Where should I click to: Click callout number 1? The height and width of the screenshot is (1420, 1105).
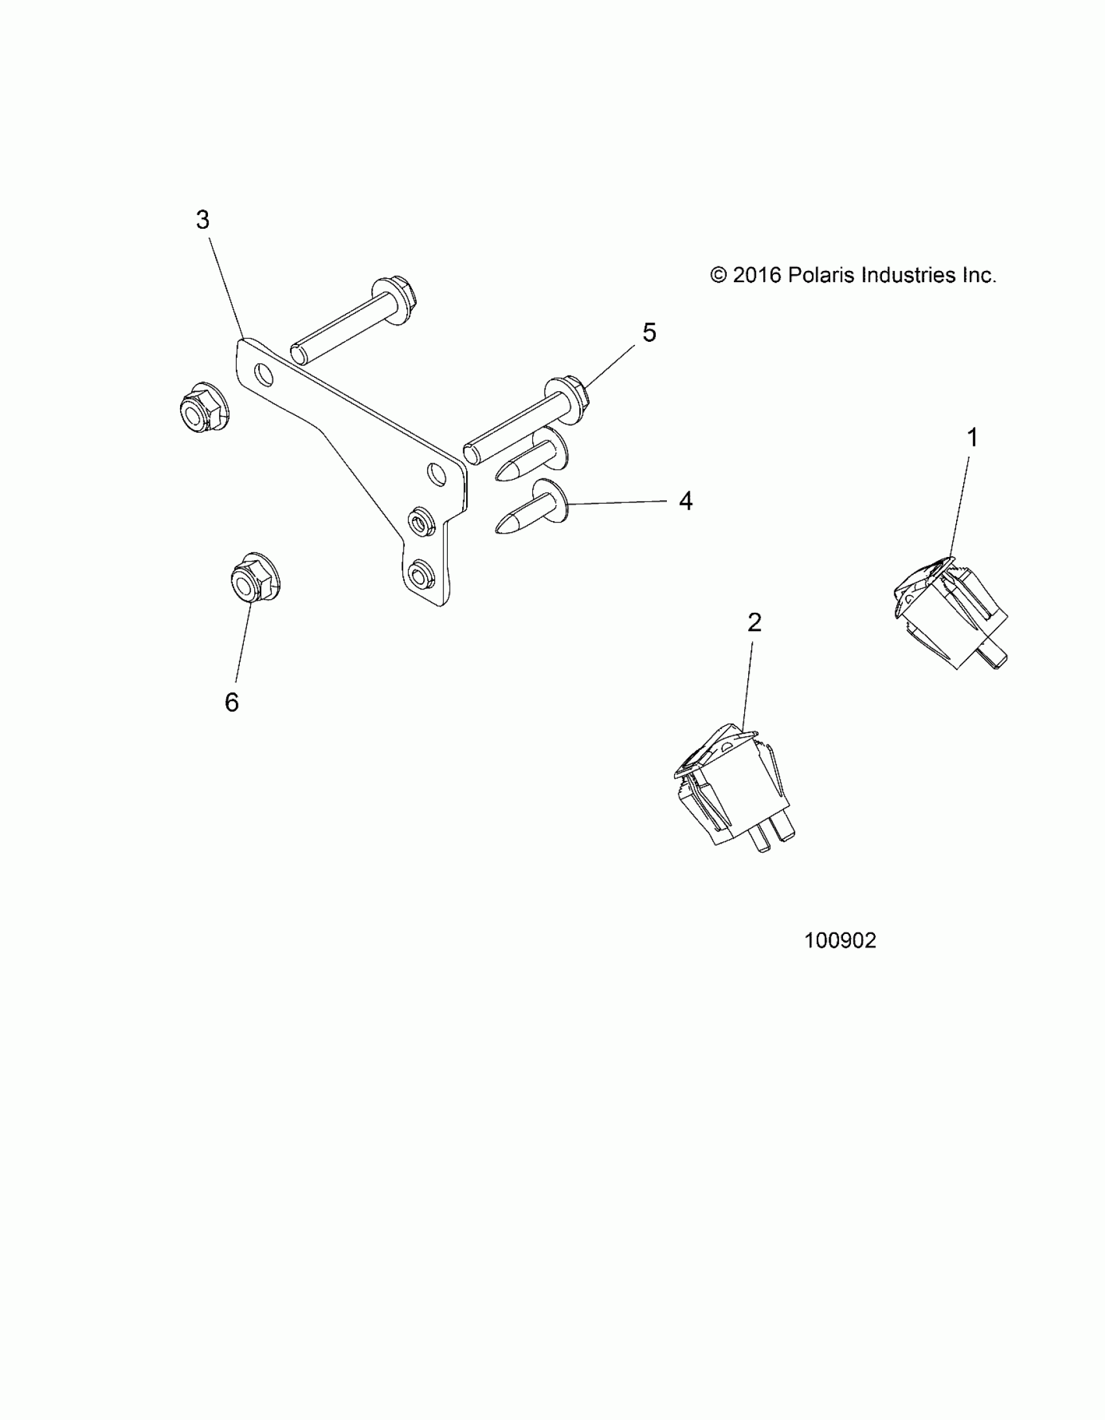[972, 437]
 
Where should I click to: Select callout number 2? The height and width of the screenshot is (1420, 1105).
[754, 623]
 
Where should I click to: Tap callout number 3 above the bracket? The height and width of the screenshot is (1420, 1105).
[203, 220]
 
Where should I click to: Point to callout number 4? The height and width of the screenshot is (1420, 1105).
[686, 500]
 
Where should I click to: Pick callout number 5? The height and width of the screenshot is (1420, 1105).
[649, 333]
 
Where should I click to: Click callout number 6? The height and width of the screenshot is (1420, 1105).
[231, 702]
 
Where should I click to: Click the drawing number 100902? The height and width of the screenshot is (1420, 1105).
[840, 941]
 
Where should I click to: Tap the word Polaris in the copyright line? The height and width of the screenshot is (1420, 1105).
[822, 275]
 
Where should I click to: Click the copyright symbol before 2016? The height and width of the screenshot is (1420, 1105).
[718, 275]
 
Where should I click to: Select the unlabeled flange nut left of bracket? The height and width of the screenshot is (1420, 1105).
[203, 407]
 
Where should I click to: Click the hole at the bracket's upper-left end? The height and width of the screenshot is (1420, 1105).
[263, 374]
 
